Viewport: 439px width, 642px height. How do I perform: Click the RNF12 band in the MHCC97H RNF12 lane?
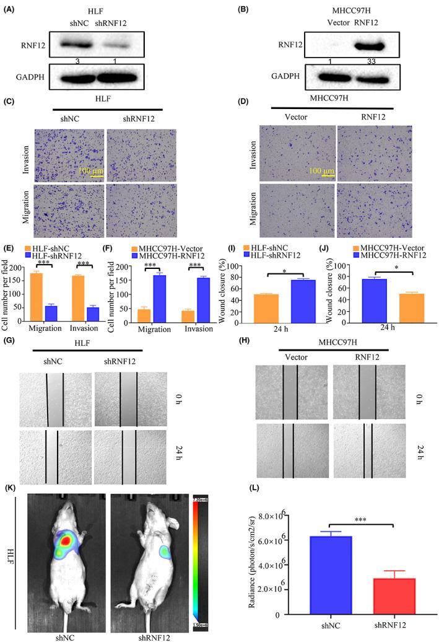coord(357,46)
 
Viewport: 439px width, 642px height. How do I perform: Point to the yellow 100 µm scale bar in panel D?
coord(323,174)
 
